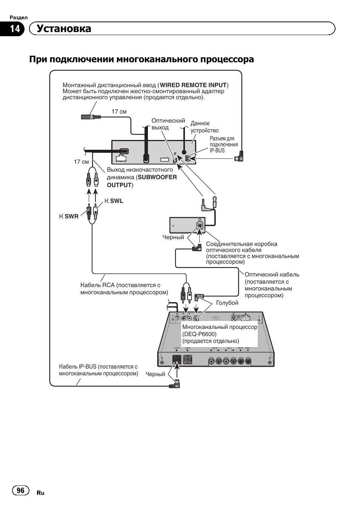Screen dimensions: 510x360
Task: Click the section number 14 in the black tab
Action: pyautogui.click(x=15, y=29)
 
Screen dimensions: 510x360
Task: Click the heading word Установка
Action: pyautogui.click(x=64, y=29)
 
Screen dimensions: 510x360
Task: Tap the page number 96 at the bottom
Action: pyautogui.click(x=21, y=490)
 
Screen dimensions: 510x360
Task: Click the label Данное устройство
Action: pyautogui.click(x=204, y=127)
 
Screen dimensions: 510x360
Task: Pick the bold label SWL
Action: pyautogui.click(x=117, y=201)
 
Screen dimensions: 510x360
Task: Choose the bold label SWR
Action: pyautogui.click(x=72, y=217)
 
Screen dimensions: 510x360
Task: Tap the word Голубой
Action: pyautogui.click(x=227, y=303)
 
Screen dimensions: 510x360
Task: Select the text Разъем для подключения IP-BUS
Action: pyautogui.click(x=224, y=144)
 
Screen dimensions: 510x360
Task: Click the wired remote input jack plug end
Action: pyautogui.click(x=91, y=117)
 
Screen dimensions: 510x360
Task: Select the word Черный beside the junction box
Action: pyautogui.click(x=173, y=237)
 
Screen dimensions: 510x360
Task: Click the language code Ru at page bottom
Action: pyautogui.click(x=40, y=493)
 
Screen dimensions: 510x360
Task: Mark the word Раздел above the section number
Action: pyautogui.click(x=18, y=18)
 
